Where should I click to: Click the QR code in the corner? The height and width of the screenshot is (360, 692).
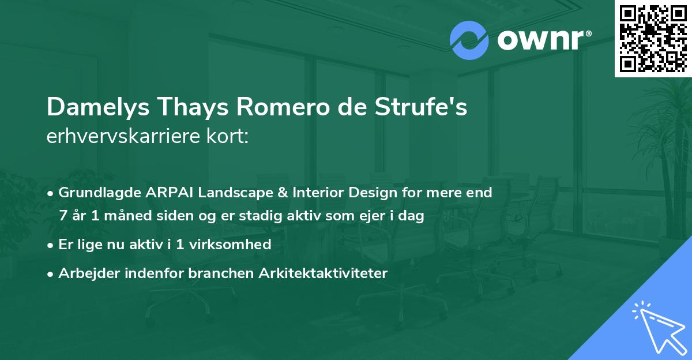pos(653,38)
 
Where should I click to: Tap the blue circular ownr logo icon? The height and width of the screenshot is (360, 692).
pos(469,40)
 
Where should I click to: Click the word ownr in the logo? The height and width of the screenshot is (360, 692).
pos(540,40)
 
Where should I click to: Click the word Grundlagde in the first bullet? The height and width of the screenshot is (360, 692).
pos(95,193)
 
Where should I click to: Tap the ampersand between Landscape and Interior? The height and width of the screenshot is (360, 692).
pos(259,193)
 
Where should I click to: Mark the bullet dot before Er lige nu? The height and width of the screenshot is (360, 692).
pos(51,245)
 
